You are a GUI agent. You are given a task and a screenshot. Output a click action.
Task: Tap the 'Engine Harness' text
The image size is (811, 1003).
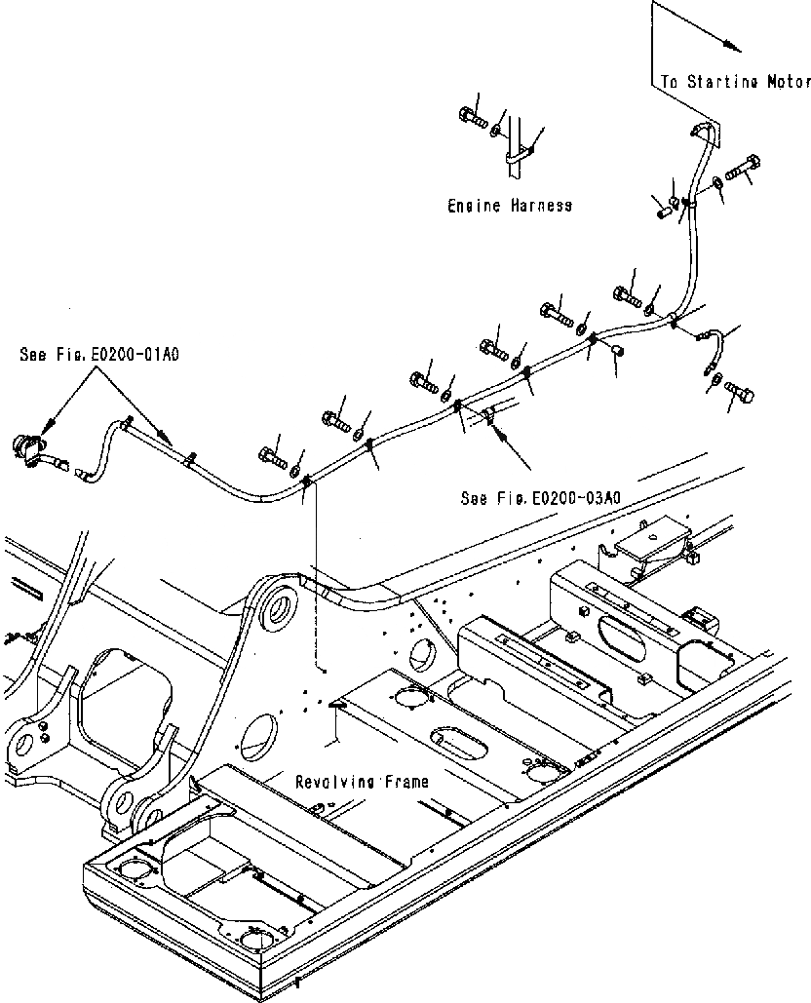coord(510,206)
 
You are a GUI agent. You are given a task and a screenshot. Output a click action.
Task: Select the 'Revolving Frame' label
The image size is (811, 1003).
coord(363,781)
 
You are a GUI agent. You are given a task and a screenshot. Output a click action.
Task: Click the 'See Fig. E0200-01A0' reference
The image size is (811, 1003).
coord(99,356)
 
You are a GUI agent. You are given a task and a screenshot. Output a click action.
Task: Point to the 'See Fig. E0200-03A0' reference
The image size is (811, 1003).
coord(541,498)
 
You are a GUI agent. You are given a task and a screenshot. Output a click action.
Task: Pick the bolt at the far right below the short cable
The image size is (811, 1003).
coord(739,394)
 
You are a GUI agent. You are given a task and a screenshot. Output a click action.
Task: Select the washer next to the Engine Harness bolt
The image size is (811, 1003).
coord(498,131)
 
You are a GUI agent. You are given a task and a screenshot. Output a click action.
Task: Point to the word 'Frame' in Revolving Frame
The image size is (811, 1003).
coord(402,781)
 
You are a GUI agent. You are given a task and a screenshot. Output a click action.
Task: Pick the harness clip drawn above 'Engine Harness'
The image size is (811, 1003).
coord(521,152)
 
